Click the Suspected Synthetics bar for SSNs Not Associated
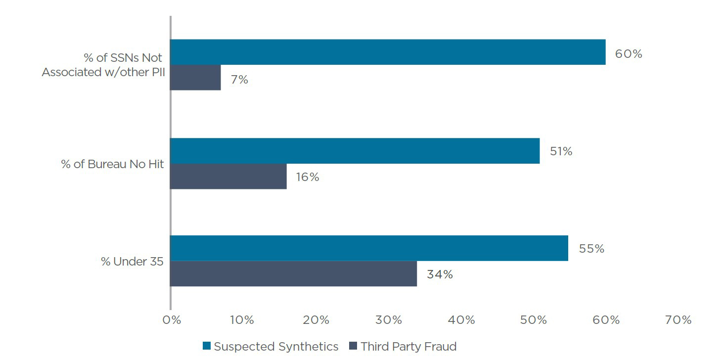point(388,52)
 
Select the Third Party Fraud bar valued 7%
point(195,78)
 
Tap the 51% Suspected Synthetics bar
point(355,151)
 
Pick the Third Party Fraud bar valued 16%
point(228,177)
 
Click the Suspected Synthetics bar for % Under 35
point(369,248)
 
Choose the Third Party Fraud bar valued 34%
point(293,273)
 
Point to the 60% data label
point(628,53)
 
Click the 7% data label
point(239,79)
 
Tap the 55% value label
point(591,249)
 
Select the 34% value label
point(440,274)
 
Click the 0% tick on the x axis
point(172,320)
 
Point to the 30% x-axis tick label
point(389,320)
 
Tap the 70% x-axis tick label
point(678,320)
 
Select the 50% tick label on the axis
point(534,320)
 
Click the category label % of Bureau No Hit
point(112,164)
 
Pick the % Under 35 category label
point(132,262)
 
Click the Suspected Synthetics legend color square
point(207,346)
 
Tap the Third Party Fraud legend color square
point(353,346)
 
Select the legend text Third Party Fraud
point(408,346)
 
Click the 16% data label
point(308,177)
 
